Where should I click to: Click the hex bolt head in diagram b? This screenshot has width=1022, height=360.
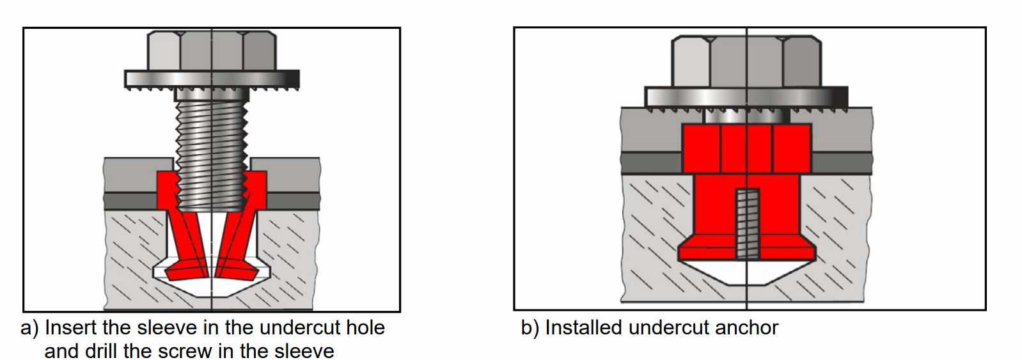[x=746, y=61]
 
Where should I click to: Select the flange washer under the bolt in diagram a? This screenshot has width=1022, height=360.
[x=212, y=79]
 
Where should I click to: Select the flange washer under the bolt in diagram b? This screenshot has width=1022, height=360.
[x=746, y=97]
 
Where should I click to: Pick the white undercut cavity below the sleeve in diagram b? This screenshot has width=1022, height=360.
[x=746, y=272]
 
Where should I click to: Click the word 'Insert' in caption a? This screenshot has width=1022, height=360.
[x=71, y=327]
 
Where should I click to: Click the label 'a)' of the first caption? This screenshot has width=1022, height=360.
[x=29, y=328]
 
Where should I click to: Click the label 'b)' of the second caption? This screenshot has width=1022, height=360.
[x=530, y=328]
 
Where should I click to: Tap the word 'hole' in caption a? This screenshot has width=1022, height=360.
[x=365, y=327]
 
